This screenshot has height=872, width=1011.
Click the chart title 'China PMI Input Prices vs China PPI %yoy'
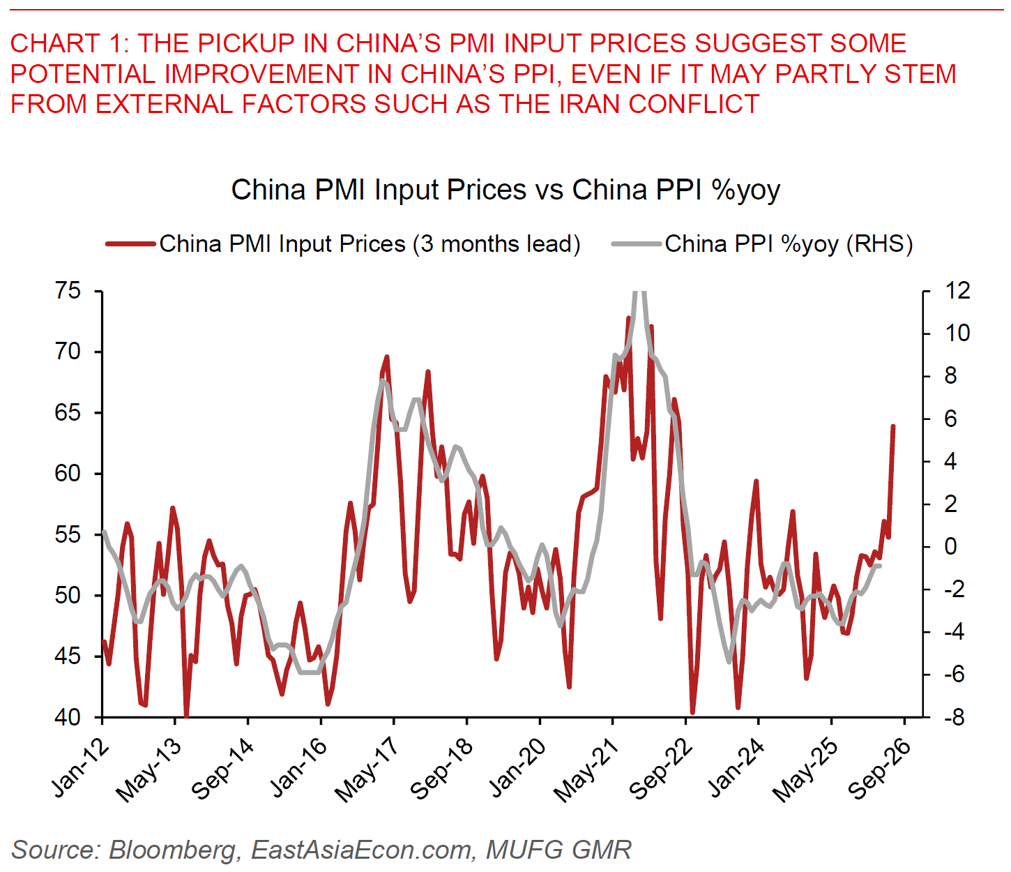pyautogui.click(x=505, y=190)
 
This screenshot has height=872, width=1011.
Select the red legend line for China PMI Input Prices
pyautogui.click(x=130, y=244)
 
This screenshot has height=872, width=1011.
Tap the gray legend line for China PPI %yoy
pyautogui.click(x=635, y=244)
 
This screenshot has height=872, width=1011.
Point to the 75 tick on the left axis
pyautogui.click(x=68, y=291)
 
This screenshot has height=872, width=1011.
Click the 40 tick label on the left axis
pyautogui.click(x=68, y=717)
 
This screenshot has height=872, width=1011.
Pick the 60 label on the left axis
pyautogui.click(x=68, y=474)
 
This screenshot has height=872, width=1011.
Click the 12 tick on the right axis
pyautogui.click(x=957, y=291)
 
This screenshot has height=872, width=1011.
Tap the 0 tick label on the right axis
pyautogui.click(x=950, y=546)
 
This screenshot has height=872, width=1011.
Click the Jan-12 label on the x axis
pyautogui.click(x=82, y=767)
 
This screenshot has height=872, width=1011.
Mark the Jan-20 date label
pyautogui.click(x=517, y=767)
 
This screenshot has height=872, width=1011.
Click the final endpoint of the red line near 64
pyautogui.click(x=893, y=426)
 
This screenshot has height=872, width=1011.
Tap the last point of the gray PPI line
pyautogui.click(x=879, y=565)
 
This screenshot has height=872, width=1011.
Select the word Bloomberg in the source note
pyautogui.click(x=172, y=850)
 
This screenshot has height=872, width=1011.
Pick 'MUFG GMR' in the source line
pyautogui.click(x=558, y=850)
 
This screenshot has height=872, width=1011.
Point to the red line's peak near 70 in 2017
pyautogui.click(x=386, y=357)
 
